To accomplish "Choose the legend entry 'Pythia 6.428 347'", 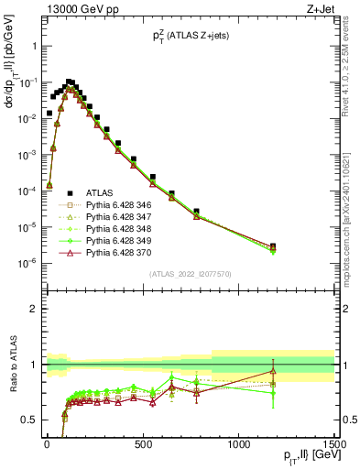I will tap(111, 223).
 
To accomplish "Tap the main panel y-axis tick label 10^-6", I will tap(25, 263).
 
